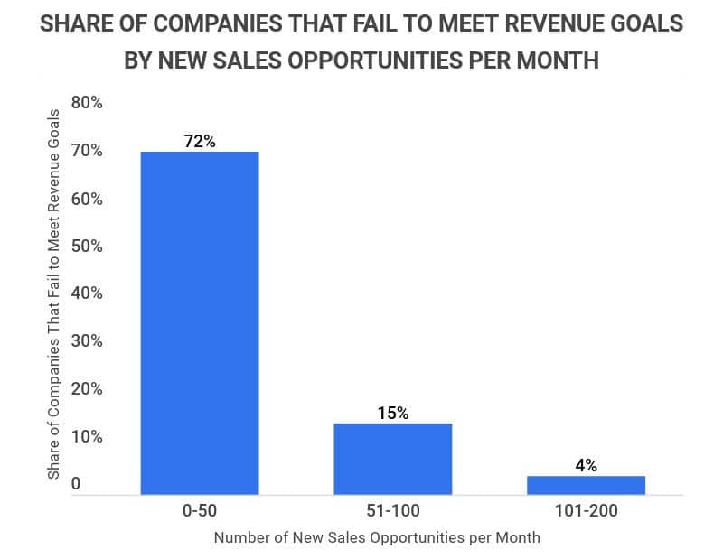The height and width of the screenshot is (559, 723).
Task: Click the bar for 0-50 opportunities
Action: [x=200, y=322]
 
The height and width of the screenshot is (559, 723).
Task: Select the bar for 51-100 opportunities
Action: [x=393, y=459]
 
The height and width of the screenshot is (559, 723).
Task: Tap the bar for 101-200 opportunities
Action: [x=586, y=485]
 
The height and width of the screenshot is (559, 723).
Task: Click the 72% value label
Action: [x=200, y=141]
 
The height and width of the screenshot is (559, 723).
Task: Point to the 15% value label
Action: [x=393, y=413]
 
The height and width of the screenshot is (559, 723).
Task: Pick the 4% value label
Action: [x=586, y=465]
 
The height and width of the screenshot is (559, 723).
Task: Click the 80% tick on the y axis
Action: [x=88, y=103]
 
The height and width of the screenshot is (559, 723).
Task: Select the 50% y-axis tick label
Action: [x=88, y=246]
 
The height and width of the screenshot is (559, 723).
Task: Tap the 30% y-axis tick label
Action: [x=88, y=341]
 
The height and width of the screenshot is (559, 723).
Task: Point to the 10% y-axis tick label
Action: [x=88, y=436]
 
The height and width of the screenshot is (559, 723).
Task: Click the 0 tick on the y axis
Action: [x=77, y=484]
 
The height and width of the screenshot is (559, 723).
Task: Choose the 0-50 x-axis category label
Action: [x=200, y=511]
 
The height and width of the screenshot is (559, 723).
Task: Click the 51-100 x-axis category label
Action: [x=393, y=511]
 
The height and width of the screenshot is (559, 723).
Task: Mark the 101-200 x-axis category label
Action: [x=586, y=511]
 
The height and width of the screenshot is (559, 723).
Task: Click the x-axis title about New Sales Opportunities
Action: [x=377, y=537]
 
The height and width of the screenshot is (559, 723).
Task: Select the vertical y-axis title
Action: [x=54, y=293]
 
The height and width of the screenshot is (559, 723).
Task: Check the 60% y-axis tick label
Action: [x=88, y=199]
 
